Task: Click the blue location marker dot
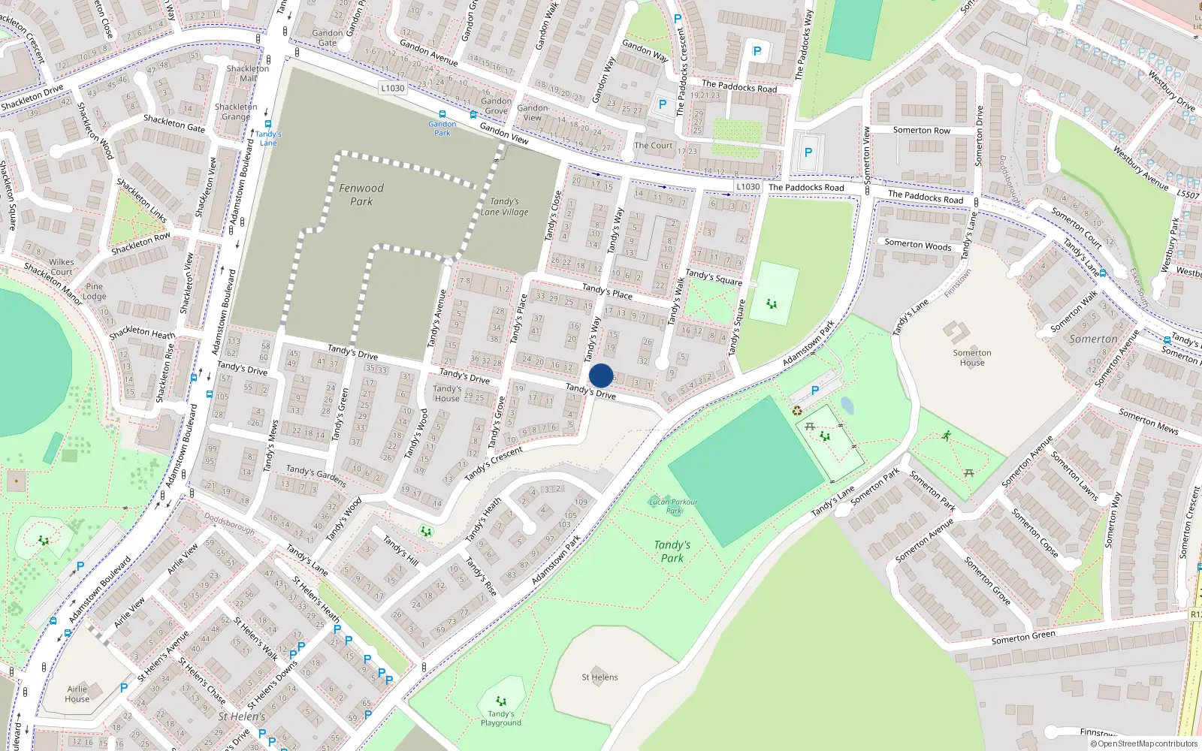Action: click(x=601, y=375)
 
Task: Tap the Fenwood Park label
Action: click(x=361, y=195)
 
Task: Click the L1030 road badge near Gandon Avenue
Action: click(x=392, y=88)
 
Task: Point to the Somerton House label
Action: click(x=972, y=357)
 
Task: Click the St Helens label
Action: click(x=599, y=677)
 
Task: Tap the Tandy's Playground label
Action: click(x=501, y=718)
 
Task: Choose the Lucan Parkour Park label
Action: click(x=673, y=506)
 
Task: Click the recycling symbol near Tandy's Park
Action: click(x=797, y=410)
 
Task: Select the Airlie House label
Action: click(x=77, y=694)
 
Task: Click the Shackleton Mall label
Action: click(x=248, y=73)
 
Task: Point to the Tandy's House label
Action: click(x=447, y=394)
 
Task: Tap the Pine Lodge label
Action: click(x=95, y=291)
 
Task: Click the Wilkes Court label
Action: click(x=62, y=267)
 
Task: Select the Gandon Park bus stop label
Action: click(x=442, y=128)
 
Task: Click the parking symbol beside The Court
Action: click(x=663, y=104)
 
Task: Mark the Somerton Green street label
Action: click(x=1023, y=638)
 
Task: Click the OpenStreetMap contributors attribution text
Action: click(x=1144, y=743)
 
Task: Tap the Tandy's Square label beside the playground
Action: click(x=714, y=277)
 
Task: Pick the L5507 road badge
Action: click(x=1188, y=195)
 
